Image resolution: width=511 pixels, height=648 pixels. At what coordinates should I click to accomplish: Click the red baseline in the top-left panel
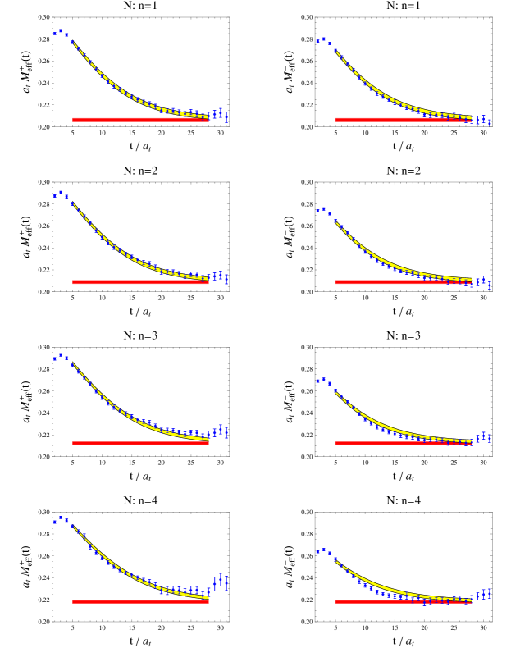click(x=139, y=120)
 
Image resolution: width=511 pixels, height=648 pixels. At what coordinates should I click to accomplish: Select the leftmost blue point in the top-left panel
click(x=55, y=34)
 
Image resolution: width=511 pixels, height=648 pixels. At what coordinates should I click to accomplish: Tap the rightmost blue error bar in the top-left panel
click(x=226, y=117)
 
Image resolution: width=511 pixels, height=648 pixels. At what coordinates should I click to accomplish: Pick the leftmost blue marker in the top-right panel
click(x=317, y=40)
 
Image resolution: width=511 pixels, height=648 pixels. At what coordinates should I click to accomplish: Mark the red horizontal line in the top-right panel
click(x=402, y=120)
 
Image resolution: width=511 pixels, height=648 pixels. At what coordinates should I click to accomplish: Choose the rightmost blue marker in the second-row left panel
click(x=226, y=280)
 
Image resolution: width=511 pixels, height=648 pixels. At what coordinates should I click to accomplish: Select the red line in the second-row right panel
click(x=402, y=282)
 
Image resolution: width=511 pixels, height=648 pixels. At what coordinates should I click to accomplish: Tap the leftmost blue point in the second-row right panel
click(x=317, y=211)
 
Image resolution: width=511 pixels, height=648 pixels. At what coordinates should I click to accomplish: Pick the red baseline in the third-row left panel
click(x=139, y=443)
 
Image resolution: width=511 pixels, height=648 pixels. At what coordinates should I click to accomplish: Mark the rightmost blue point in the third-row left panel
click(x=226, y=432)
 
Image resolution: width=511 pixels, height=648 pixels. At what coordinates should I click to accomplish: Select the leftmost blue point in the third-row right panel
click(x=317, y=381)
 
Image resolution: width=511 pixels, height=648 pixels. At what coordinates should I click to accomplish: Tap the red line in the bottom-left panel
click(x=139, y=601)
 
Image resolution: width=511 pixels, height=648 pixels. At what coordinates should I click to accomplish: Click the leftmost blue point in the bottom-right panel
click(x=317, y=552)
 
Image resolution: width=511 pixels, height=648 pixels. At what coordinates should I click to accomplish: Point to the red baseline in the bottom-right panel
click(x=402, y=601)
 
